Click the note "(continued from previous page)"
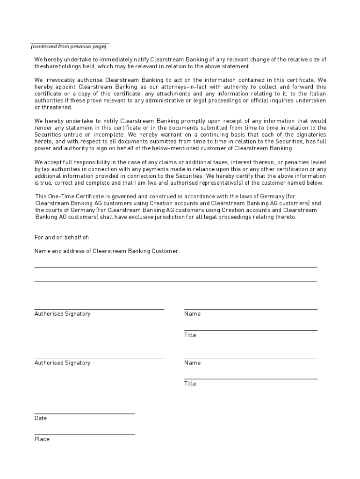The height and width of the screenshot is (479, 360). (69, 47)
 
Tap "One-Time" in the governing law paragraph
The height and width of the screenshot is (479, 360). (60, 196)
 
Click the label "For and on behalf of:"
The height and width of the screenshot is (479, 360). (62, 238)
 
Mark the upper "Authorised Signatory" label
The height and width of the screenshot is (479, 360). (62, 314)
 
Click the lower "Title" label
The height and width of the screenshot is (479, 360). (190, 384)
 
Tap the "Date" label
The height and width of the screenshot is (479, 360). (41, 418)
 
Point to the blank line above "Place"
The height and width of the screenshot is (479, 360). (85, 435)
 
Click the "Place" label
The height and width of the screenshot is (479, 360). (42, 439)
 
